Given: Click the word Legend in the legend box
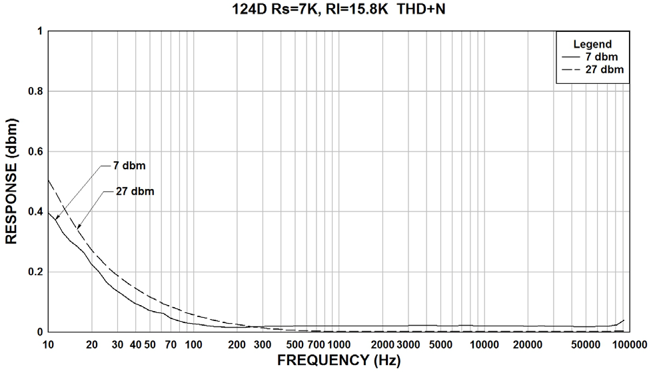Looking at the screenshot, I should [x=592, y=45].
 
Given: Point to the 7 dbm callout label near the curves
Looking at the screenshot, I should [x=129, y=165].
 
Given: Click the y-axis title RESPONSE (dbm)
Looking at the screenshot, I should [x=11, y=181].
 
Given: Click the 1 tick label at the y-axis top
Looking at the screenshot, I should [x=40, y=31].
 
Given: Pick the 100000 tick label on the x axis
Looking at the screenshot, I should [x=629, y=344].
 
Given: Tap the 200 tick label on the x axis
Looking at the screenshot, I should [x=237, y=344].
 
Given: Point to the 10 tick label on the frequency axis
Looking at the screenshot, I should [x=49, y=344].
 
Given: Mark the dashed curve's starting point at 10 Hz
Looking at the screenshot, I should [x=49, y=180].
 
